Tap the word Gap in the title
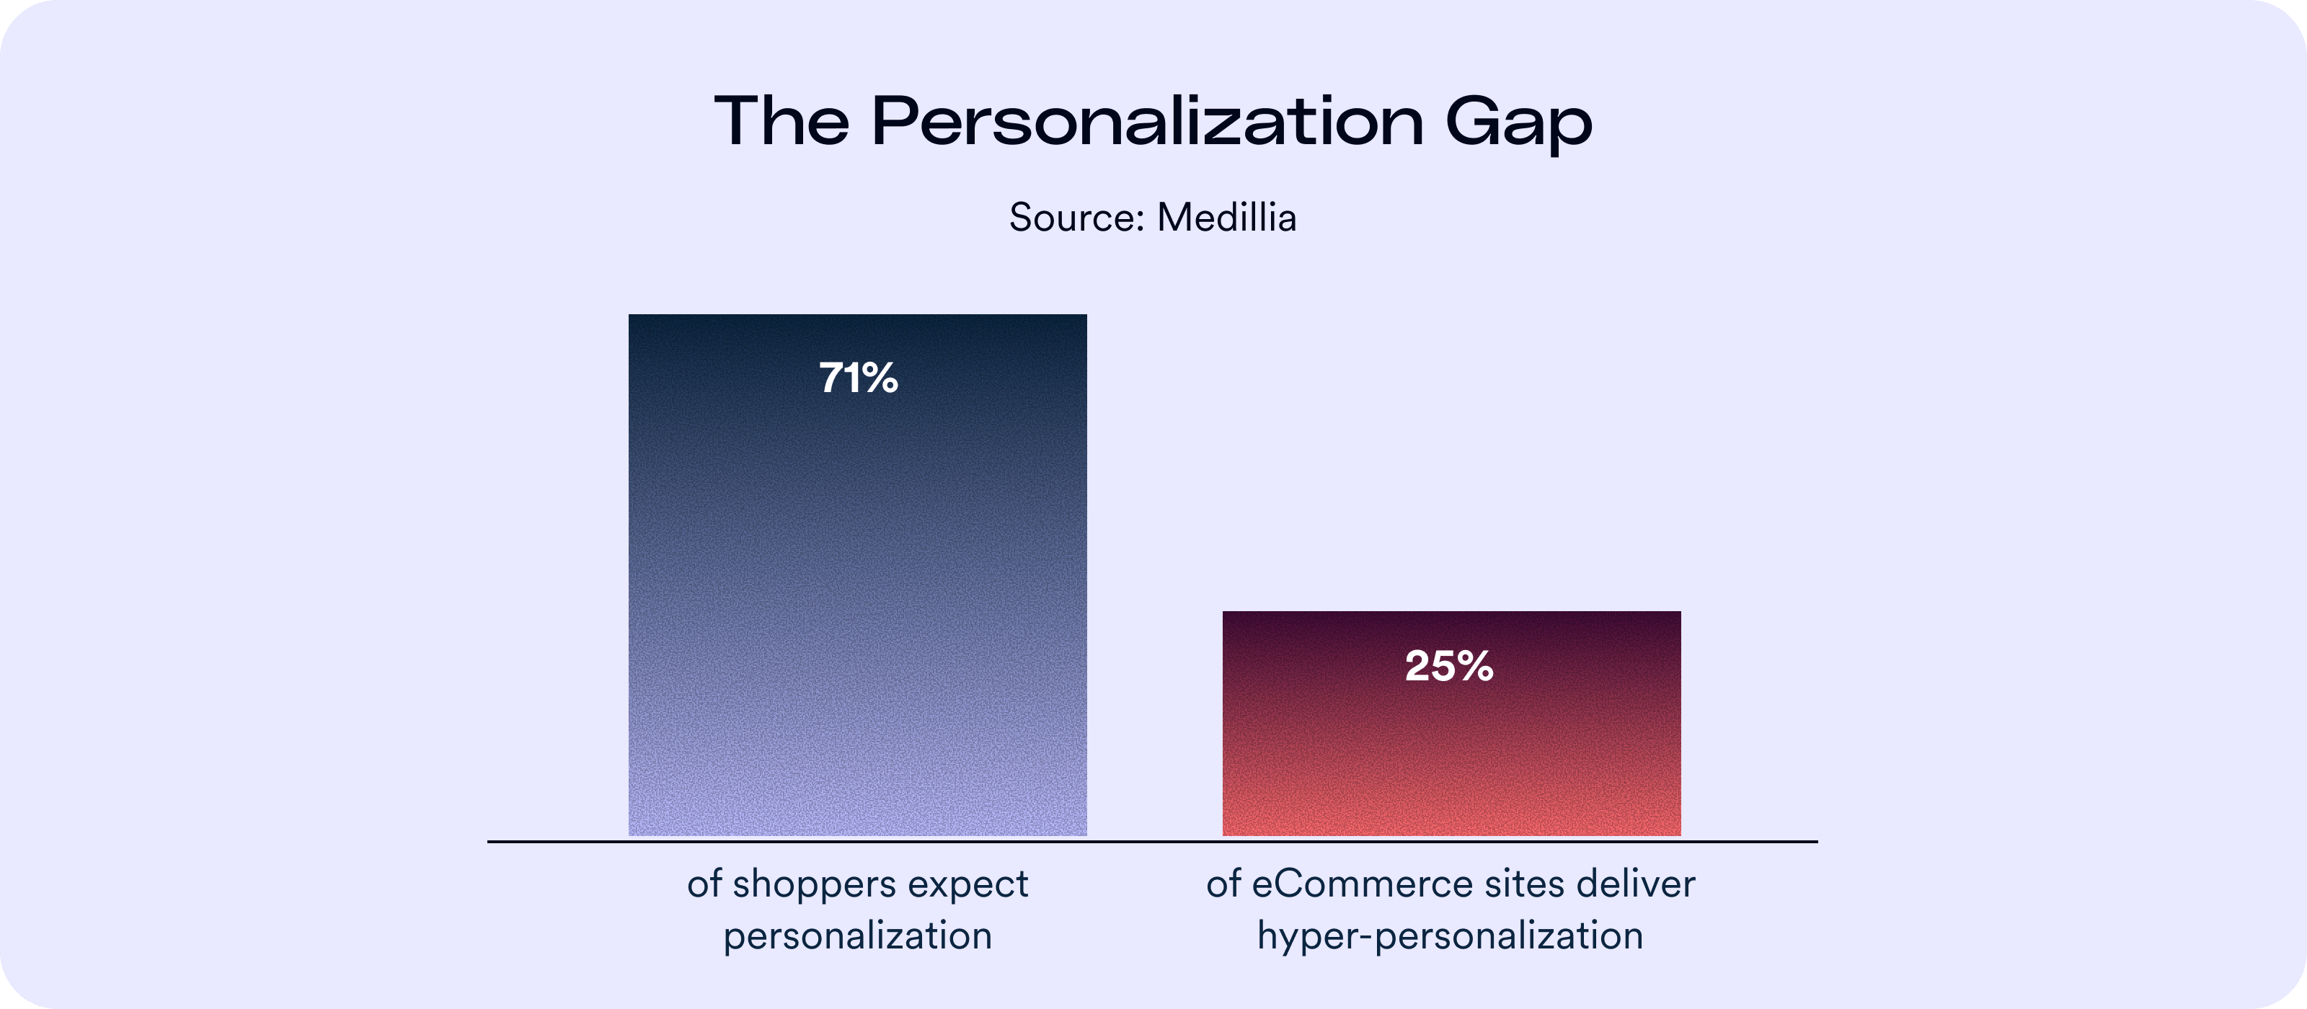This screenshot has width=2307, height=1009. pos(1519,123)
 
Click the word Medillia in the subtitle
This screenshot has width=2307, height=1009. pos(1226,218)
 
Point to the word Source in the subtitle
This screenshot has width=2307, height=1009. pos(1071,218)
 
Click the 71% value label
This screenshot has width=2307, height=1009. pos(858,378)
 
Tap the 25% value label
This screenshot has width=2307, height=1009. pos(1449,666)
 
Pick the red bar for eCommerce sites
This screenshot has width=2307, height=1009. pos(1451,761)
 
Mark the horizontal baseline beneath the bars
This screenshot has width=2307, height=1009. pos(1152,842)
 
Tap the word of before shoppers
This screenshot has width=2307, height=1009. pos(704,884)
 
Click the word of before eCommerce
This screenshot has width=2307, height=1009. pos(1223,884)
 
